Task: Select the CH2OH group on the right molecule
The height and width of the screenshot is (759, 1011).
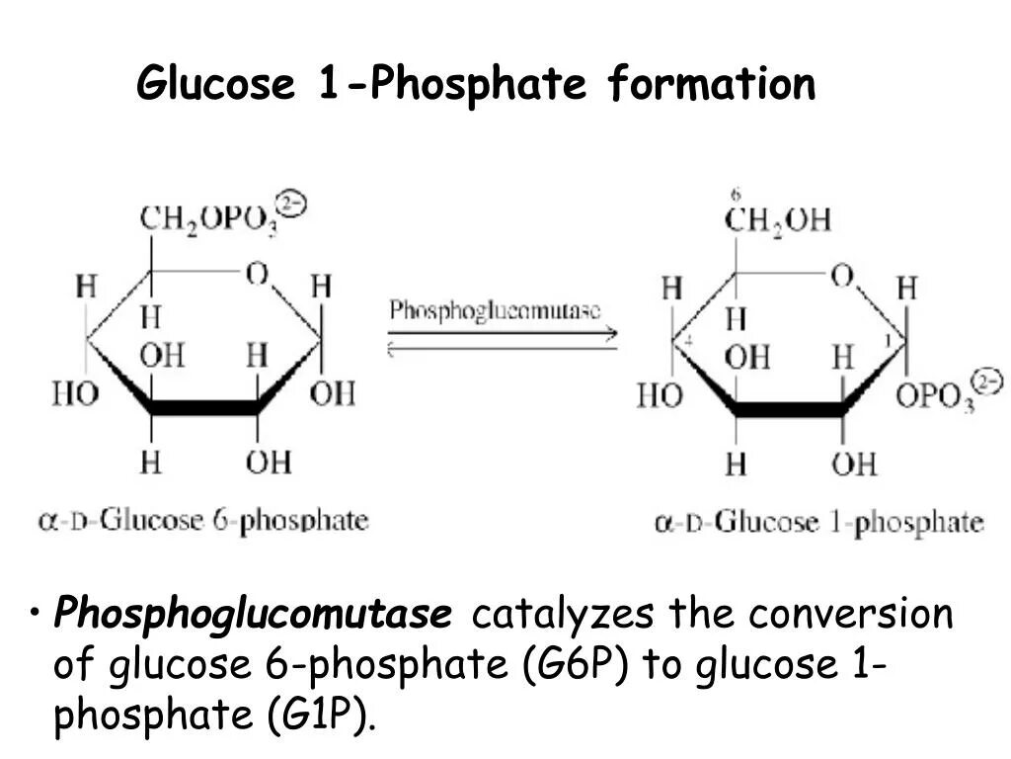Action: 777,219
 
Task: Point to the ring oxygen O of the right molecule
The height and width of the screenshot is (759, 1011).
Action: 841,276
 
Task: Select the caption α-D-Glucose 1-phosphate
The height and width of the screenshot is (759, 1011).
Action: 818,523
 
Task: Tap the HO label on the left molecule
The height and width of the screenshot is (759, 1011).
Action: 75,394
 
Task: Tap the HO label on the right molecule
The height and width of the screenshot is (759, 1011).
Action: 660,396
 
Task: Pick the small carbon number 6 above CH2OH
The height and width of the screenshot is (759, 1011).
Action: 736,195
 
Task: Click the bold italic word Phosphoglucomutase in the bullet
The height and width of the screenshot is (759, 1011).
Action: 253,615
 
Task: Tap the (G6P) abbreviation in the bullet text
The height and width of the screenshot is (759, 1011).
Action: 576,665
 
